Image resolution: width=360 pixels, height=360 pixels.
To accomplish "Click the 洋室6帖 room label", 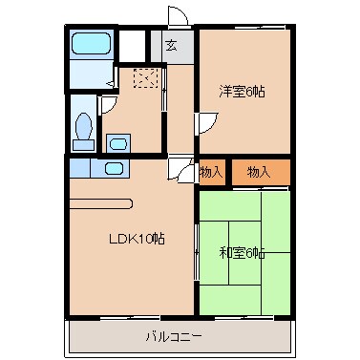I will click(x=242, y=92).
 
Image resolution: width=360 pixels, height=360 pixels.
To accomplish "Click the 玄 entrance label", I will click(x=171, y=45).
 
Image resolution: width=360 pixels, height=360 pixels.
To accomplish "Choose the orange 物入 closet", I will click(x=259, y=172).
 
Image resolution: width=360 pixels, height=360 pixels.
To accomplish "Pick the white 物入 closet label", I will click(x=212, y=172).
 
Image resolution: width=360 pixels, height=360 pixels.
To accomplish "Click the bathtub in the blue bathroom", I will click(x=91, y=45).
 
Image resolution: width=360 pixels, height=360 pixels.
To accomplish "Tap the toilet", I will click(x=84, y=127).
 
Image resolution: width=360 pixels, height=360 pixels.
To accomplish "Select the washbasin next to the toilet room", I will click(x=117, y=143).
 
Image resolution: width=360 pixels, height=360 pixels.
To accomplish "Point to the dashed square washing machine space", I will click(x=145, y=78).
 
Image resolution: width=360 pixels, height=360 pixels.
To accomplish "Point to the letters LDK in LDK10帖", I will click(x=116, y=239).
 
